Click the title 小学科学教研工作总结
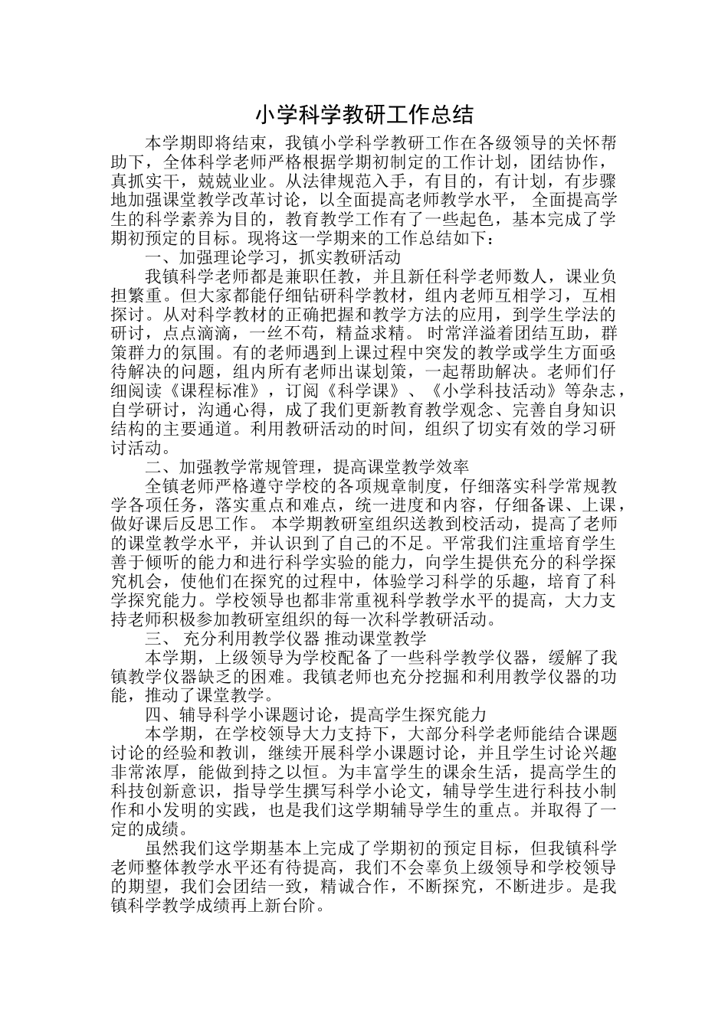pyautogui.click(x=364, y=115)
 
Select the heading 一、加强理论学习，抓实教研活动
pyautogui.click(x=273, y=257)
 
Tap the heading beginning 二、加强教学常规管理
pyautogui.click(x=307, y=466)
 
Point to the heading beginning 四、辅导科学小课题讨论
pyautogui.click(x=315, y=714)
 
